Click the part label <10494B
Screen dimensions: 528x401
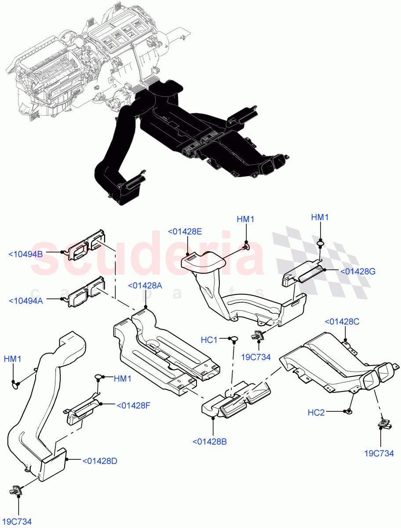[x=25, y=254]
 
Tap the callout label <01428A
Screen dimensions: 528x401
[x=145, y=286]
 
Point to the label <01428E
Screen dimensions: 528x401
[x=185, y=231]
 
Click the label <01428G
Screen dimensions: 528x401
[x=357, y=271]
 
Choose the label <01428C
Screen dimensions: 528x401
[x=342, y=322]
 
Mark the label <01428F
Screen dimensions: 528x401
[x=133, y=405]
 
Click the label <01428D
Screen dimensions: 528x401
[x=99, y=461]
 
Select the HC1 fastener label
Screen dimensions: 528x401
[x=209, y=340]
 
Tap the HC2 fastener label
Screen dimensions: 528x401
[x=316, y=412]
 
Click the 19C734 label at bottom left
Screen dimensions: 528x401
[x=18, y=521]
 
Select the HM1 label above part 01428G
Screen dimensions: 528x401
[x=320, y=217]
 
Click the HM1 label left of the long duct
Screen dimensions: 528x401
[x=13, y=359]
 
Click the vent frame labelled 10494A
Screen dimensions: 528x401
[x=86, y=293]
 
